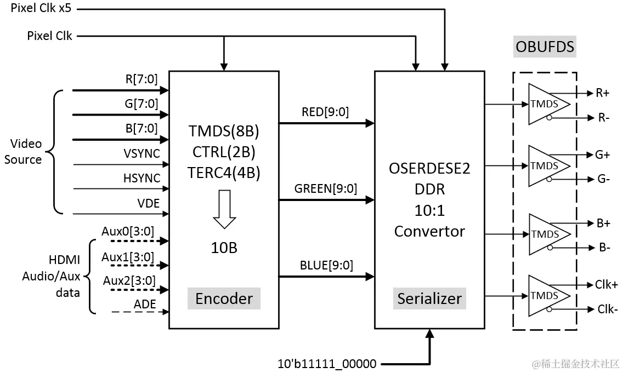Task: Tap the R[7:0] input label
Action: click(x=141, y=78)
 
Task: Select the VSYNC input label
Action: click(x=141, y=153)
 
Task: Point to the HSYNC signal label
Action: click(x=141, y=179)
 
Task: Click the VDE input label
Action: click(x=148, y=204)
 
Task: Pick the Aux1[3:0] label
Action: click(x=128, y=256)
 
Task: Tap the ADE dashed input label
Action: click(x=145, y=304)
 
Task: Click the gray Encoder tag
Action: click(x=224, y=299)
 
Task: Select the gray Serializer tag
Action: click(x=429, y=299)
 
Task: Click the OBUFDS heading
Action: click(x=545, y=47)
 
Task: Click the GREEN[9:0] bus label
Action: click(x=325, y=189)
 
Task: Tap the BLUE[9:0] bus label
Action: click(x=326, y=265)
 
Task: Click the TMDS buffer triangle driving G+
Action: click(x=545, y=165)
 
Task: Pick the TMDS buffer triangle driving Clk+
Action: click(x=545, y=296)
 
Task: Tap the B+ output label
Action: click(x=603, y=223)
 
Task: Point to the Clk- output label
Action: click(x=607, y=309)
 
